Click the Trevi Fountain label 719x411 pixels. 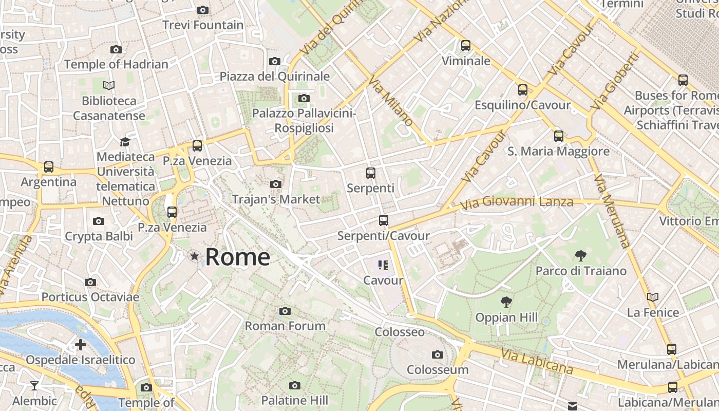pyautogui.click(x=203, y=25)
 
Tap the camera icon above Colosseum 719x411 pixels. pyautogui.click(x=438, y=354)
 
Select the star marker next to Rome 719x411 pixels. pyautogui.click(x=195, y=256)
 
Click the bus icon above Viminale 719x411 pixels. pyautogui.click(x=466, y=46)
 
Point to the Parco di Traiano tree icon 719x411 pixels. pyautogui.click(x=581, y=255)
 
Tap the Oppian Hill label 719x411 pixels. pyautogui.click(x=506, y=317)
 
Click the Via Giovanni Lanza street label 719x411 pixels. pyautogui.click(x=516, y=202)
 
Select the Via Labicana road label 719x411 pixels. pyautogui.click(x=537, y=361)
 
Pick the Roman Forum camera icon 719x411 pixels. pyautogui.click(x=285, y=311)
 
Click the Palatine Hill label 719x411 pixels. pyautogui.click(x=294, y=400)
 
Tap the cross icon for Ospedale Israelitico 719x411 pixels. pyautogui.click(x=81, y=345)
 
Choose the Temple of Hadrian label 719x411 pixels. pyautogui.click(x=116, y=64)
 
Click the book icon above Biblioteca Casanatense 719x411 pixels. pyautogui.click(x=109, y=85)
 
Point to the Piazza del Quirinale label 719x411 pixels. pyautogui.click(x=275, y=77)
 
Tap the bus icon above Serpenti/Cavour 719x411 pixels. pyautogui.click(x=384, y=220)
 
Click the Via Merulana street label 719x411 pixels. pyautogui.click(x=611, y=211)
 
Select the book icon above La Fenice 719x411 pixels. pyautogui.click(x=653, y=297)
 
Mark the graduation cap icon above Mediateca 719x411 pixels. pyautogui.click(x=125, y=142)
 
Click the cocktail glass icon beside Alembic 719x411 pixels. pyautogui.click(x=34, y=385)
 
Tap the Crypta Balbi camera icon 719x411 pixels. pyautogui.click(x=99, y=221)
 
